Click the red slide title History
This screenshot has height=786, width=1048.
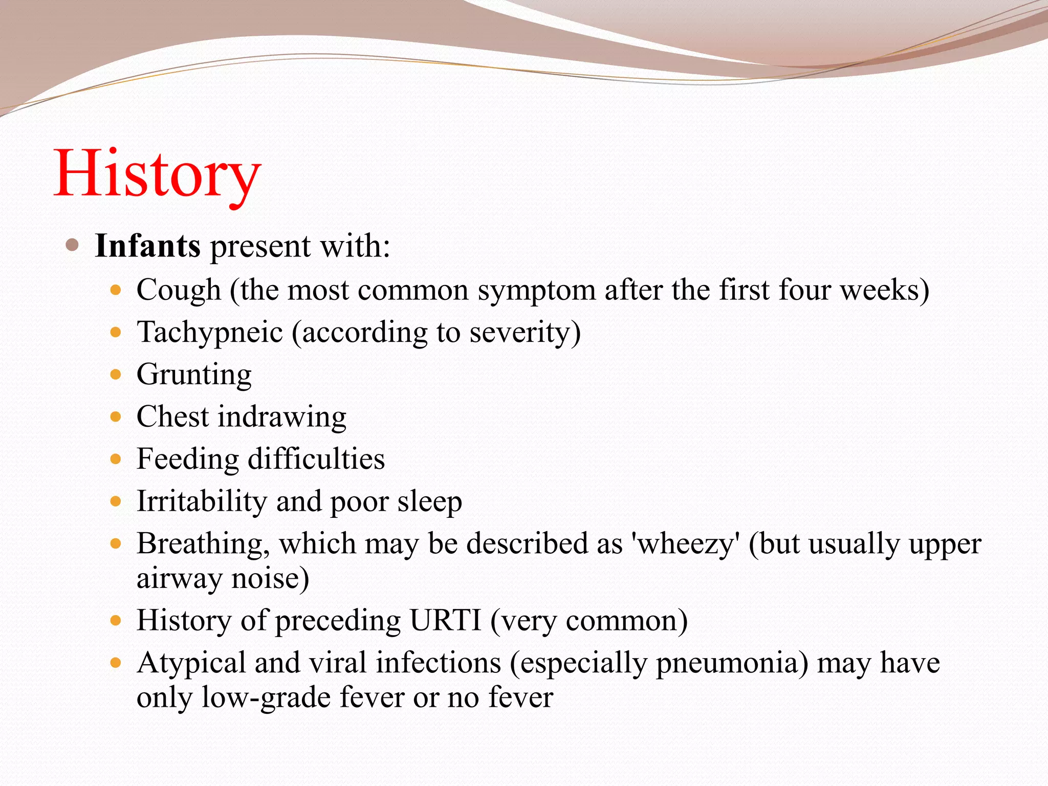coord(157,174)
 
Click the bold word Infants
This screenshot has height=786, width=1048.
coord(147,246)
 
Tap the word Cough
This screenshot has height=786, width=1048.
coord(179,290)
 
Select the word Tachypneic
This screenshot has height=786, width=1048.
coord(209,333)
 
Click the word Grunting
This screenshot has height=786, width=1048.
coord(194,375)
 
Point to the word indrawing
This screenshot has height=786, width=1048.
coord(282,417)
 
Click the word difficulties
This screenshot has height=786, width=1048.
coord(316,459)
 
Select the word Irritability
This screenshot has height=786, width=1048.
coord(202,501)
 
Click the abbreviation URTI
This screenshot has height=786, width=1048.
coord(445,621)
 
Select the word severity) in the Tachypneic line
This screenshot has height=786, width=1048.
coord(525,333)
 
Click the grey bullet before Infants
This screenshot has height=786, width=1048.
coord(72,245)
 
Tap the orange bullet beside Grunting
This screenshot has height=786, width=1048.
coord(116,375)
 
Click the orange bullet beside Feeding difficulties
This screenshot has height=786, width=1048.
coord(116,459)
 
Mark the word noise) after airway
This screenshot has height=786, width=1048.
coord(270,579)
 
